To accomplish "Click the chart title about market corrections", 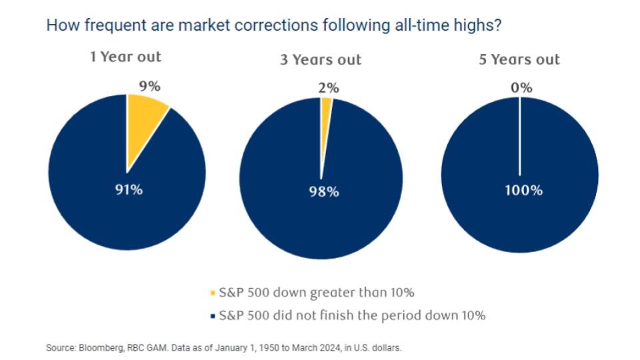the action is tap(274, 25).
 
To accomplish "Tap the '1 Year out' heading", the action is tap(126, 57).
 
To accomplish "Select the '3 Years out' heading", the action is tap(321, 59).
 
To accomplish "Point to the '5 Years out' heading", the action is tap(519, 59).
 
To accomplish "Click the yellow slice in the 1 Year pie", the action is tap(143, 123).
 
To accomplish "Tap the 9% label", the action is tap(150, 86).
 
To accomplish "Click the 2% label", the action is tap(329, 88).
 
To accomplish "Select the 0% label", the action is tap(521, 88).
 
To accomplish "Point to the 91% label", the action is tap(129, 190).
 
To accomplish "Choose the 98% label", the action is tap(324, 191).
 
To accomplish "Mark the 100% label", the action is tap(524, 190).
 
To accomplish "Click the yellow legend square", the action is tap(212, 293).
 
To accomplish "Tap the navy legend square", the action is tap(212, 316).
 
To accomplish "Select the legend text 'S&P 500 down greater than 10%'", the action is tap(317, 293).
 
